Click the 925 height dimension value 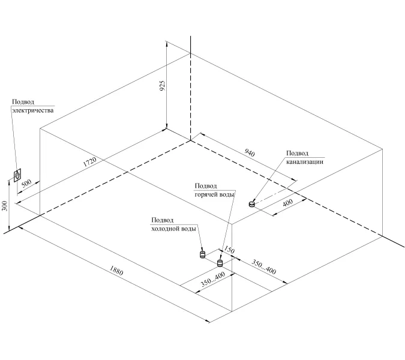click(162, 86)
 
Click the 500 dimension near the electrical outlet click(26, 184)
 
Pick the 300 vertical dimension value click(5, 207)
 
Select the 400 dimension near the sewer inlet click(287, 204)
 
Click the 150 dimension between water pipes click(229, 250)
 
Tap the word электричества click(32, 110)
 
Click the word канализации click(305, 161)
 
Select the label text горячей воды click(214, 194)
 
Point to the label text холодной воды click(173, 229)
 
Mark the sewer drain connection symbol click(252, 203)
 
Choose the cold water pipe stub click(203, 254)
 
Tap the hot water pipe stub click(220, 262)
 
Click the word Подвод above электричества click(23, 102)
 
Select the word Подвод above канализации click(298, 153)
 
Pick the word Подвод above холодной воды click(163, 220)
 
